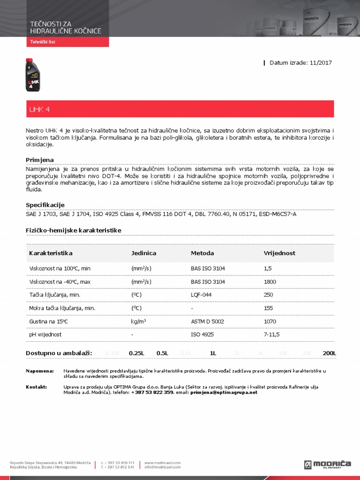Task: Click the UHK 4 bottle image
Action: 32,74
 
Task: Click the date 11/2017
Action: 321,63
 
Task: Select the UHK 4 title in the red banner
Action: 39,109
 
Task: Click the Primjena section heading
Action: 40,160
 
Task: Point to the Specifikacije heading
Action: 45,205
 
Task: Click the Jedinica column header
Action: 144,253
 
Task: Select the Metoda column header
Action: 202,253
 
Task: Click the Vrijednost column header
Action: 280,253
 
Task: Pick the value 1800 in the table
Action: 270,282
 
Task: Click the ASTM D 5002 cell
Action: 208,322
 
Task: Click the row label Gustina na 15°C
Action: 49,322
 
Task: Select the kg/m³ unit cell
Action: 139,322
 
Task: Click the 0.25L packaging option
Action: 136,353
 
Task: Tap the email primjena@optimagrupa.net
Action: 224,392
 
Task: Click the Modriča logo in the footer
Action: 328,464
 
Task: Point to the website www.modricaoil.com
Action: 163,463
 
